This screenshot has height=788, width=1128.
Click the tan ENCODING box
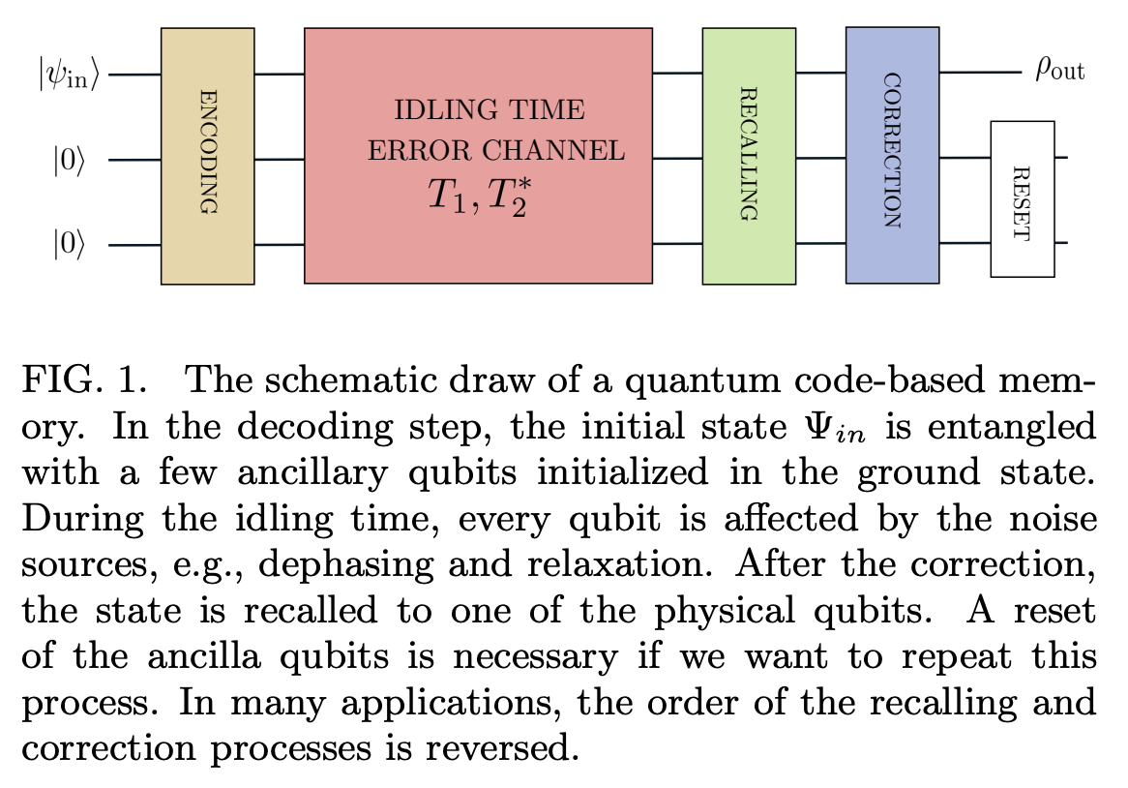pos(207,155)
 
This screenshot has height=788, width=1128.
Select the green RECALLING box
pos(748,155)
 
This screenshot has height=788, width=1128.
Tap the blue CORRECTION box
pos(892,155)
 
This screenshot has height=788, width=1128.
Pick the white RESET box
pos(1022,198)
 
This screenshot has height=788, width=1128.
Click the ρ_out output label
pos(1059,71)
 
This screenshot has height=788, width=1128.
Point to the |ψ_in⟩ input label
pos(69,74)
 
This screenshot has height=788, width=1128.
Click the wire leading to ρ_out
pos(979,73)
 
